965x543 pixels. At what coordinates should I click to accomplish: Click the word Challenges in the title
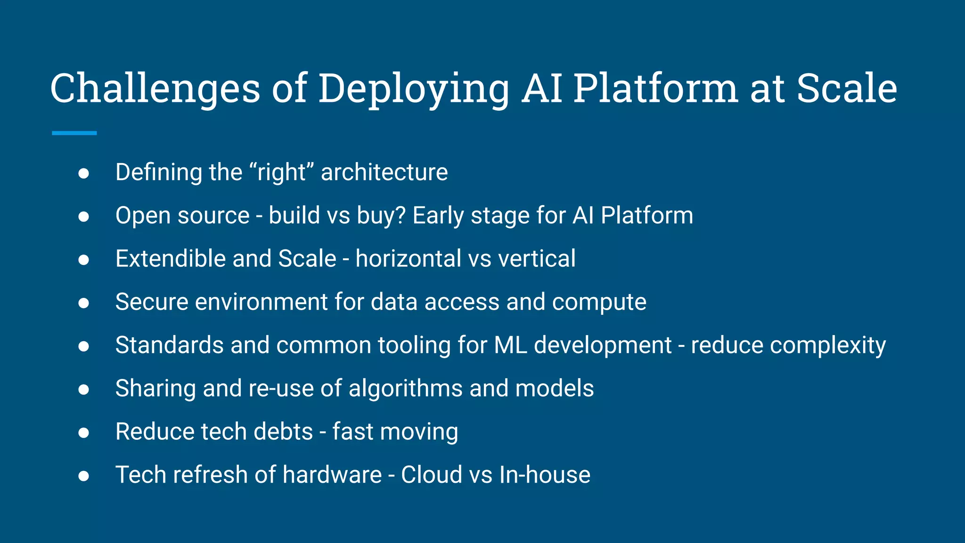155,89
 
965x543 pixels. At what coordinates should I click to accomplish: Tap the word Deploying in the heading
414,89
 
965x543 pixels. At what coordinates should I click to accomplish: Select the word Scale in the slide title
847,89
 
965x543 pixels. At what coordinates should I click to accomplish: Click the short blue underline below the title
74,133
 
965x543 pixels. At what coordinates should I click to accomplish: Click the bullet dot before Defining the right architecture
84,173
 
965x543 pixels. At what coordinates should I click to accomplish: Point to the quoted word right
281,172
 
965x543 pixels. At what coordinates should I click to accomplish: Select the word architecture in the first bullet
384,172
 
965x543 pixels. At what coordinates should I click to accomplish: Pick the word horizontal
408,259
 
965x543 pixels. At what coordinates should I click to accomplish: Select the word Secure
152,302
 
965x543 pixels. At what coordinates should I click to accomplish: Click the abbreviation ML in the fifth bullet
510,345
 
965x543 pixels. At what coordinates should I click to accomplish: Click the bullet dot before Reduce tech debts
84,433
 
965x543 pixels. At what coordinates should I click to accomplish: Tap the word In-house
544,475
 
